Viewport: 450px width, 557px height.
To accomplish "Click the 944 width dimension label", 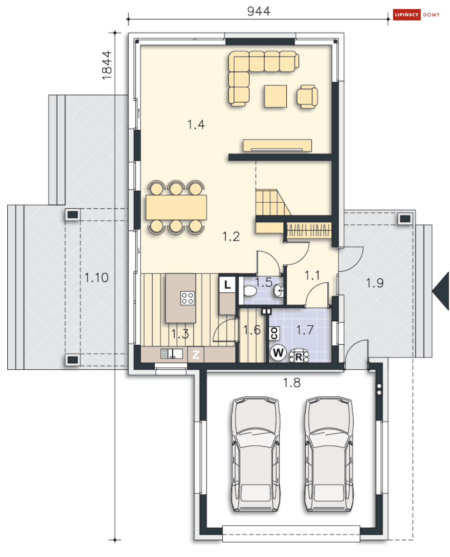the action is pos(258,11).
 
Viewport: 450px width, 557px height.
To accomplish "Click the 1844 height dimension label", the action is pos(107,65).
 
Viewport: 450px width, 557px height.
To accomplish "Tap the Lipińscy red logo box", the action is pos(407,14).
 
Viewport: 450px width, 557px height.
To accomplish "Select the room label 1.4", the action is pos(196,124).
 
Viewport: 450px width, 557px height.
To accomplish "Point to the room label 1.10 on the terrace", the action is pos(96,277).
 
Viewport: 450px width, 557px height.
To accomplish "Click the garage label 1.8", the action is pos(292,383).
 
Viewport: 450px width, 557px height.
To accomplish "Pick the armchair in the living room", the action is pos(307,96).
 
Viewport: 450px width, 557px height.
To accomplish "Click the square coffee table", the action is pos(275,96).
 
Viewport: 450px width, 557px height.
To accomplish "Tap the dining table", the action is pos(176,207).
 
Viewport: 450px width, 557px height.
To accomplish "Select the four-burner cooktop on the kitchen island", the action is pos(188,298).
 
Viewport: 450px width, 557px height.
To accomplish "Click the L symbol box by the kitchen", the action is pos(227,284).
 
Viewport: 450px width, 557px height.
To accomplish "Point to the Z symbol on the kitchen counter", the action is pos(196,355).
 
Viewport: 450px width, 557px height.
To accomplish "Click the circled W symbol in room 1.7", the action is pos(278,353).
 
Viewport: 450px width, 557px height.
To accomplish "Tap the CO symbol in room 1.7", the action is pos(274,333).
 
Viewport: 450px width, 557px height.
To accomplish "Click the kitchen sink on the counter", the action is pos(171,354).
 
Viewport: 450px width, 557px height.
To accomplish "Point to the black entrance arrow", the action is pos(441,291).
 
